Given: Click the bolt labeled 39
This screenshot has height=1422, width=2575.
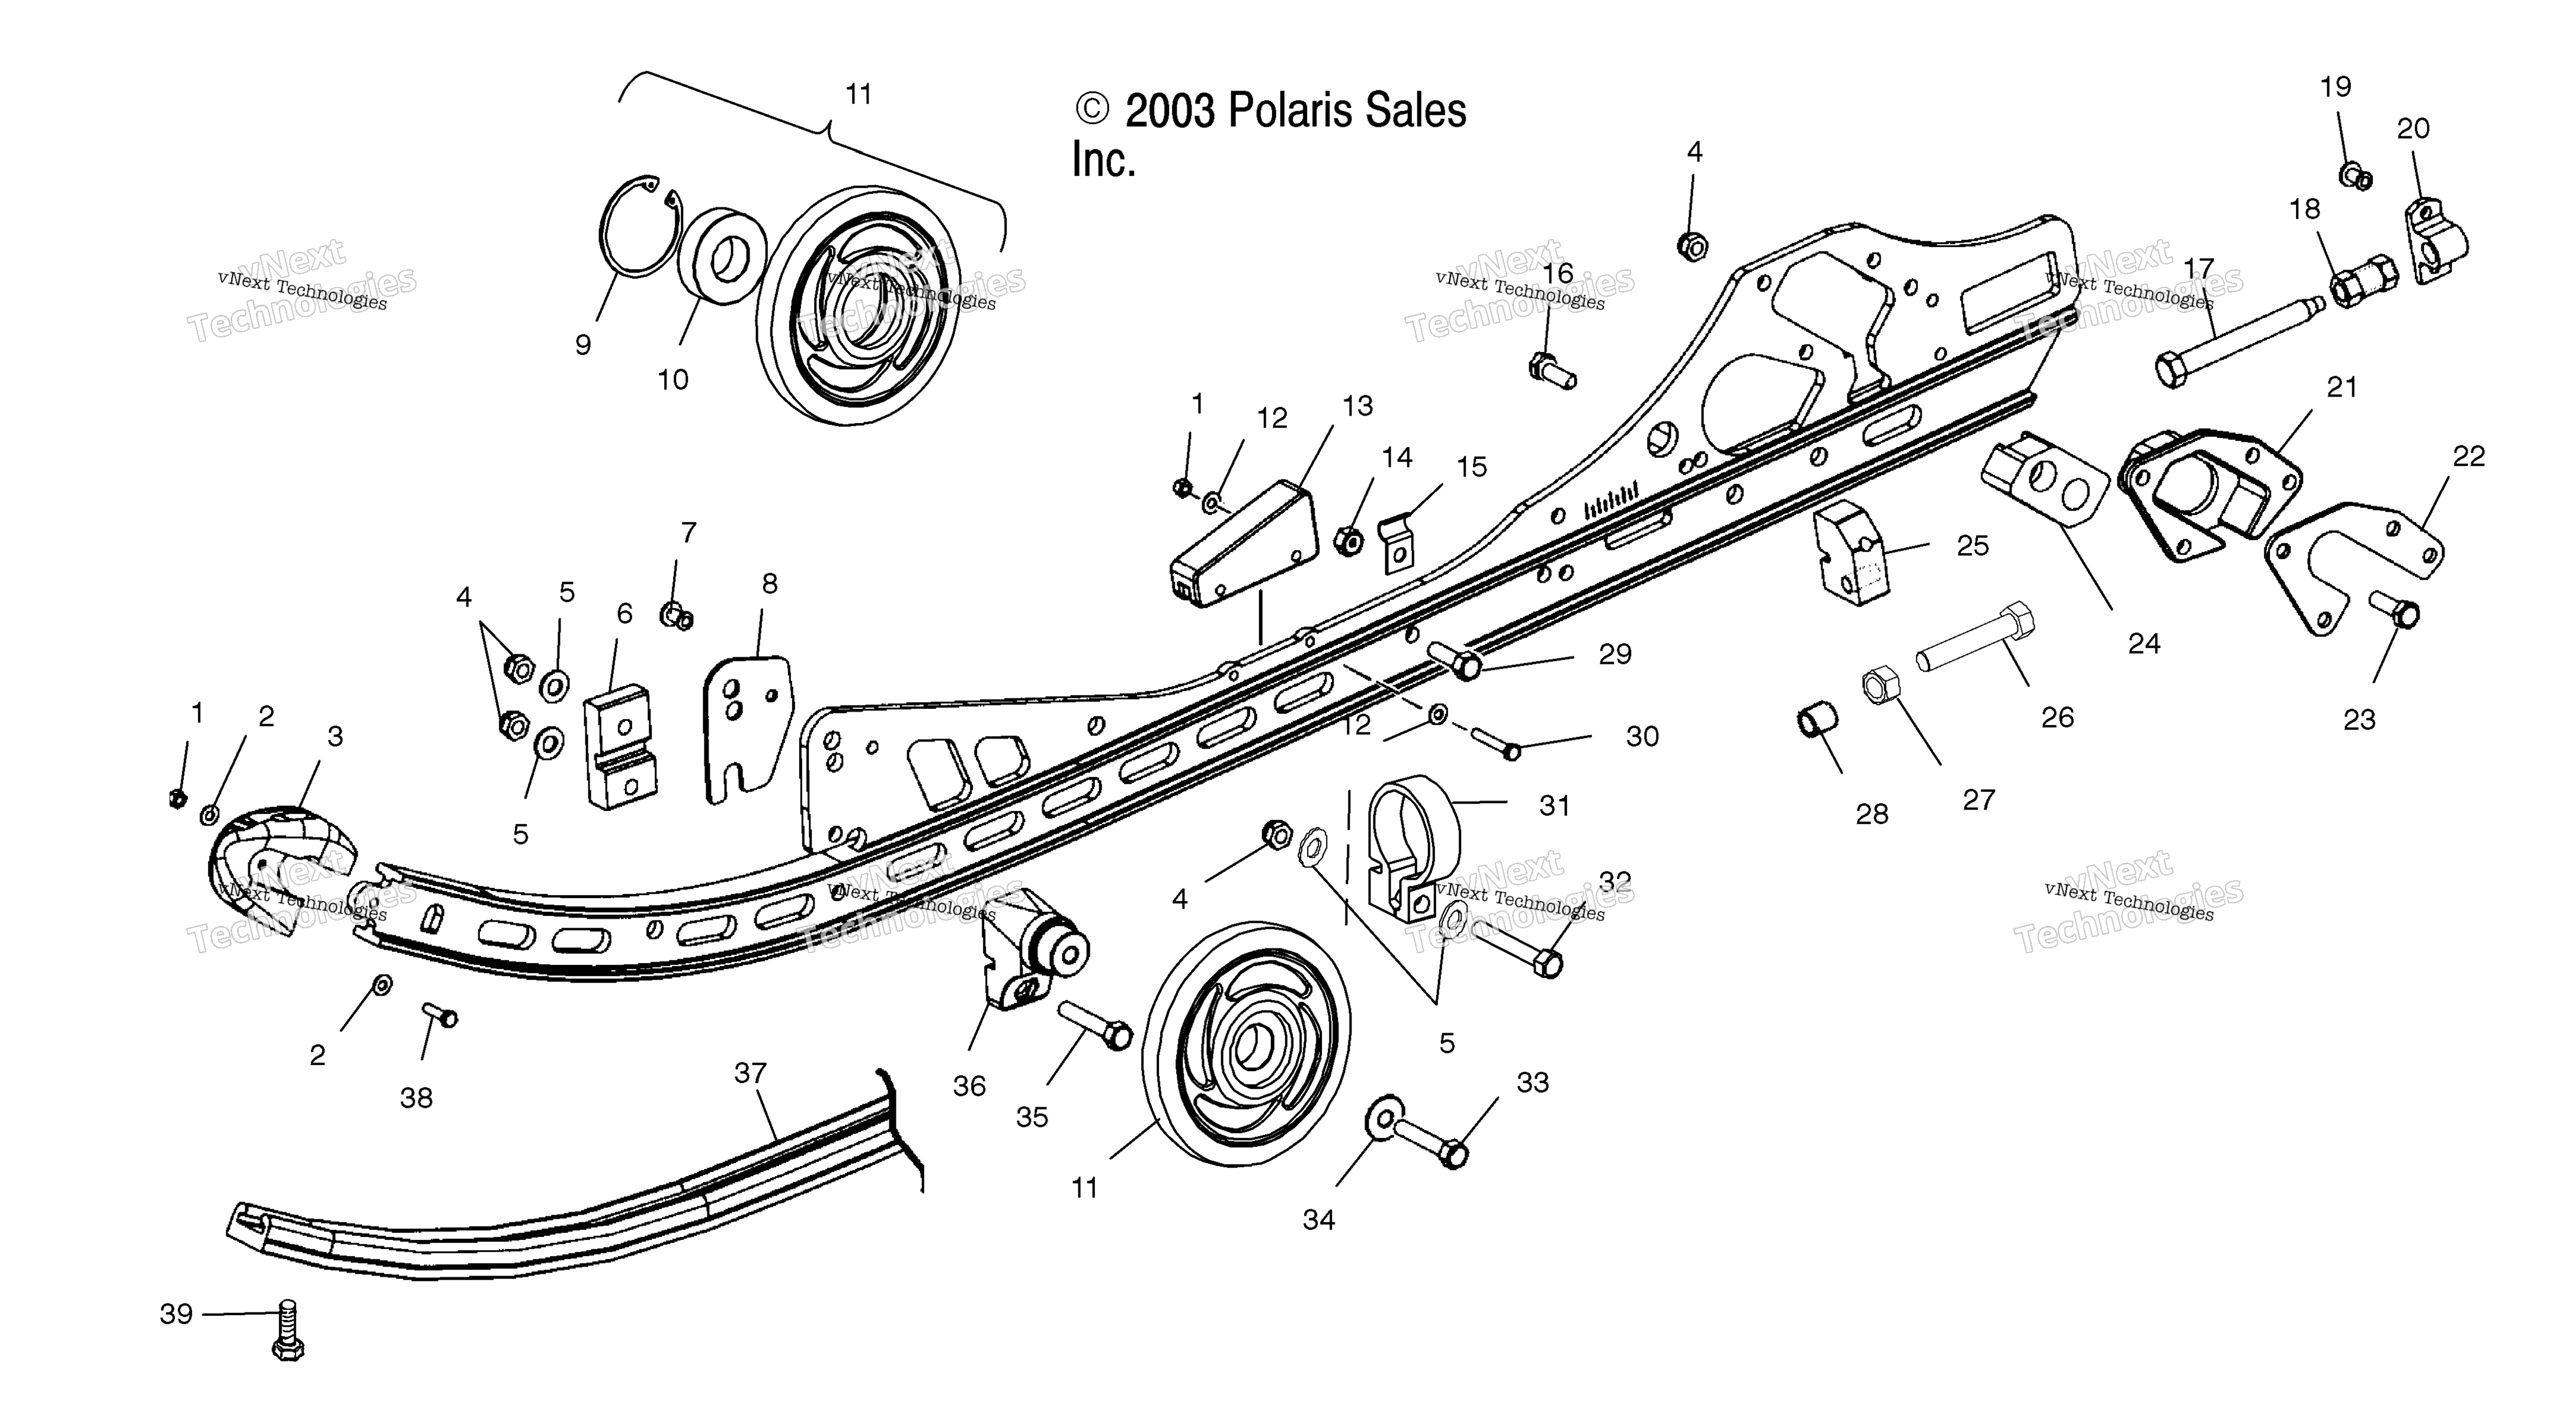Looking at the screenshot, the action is tap(287, 1329).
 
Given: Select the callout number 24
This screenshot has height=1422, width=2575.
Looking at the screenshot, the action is tap(2143, 644).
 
